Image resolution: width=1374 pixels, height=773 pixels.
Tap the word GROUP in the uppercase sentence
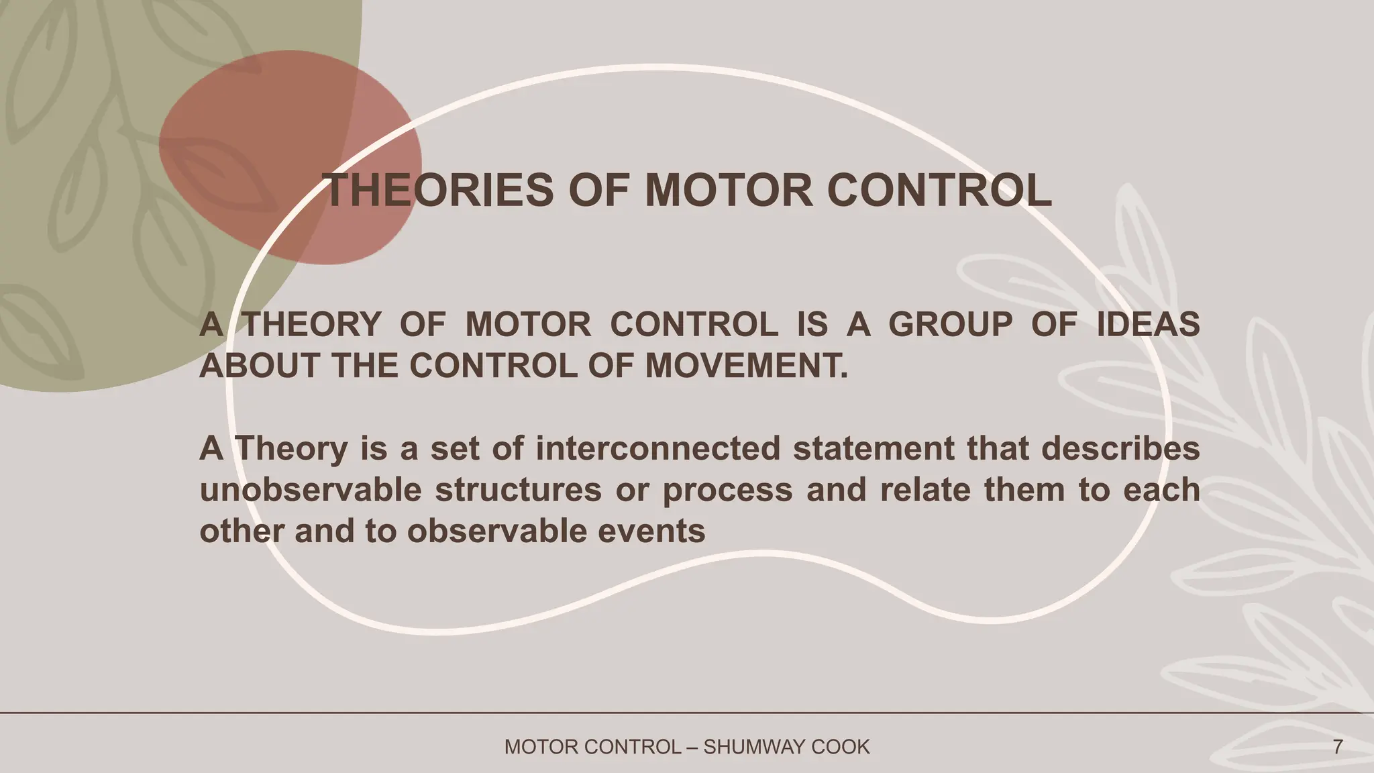click(x=950, y=325)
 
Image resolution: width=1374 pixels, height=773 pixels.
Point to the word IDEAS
click(x=1148, y=325)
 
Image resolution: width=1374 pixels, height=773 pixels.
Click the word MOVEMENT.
click(x=746, y=366)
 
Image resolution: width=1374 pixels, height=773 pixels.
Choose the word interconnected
click(x=658, y=448)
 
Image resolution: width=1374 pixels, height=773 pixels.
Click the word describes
click(x=1121, y=448)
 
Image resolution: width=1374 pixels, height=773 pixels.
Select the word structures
click(x=518, y=490)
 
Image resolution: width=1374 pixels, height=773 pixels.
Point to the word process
click(x=727, y=490)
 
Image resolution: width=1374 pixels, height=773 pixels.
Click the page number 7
click(x=1338, y=747)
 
